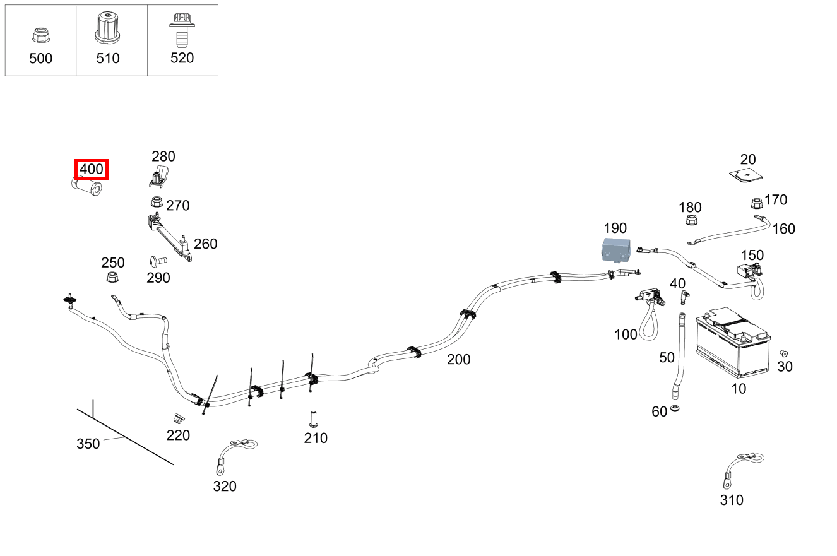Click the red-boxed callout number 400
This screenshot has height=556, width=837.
92,169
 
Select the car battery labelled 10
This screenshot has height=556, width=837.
732,345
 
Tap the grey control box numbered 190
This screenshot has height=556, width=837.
615,249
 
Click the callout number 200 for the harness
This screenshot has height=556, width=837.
458,360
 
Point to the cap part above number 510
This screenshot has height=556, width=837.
107,28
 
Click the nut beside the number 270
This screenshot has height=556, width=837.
155,203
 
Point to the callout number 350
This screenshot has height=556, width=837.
88,444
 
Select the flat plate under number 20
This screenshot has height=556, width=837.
745,175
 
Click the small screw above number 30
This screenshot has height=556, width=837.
785,353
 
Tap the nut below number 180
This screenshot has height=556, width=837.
691,221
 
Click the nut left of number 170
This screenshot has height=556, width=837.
755,204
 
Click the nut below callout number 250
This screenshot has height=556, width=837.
112,278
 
